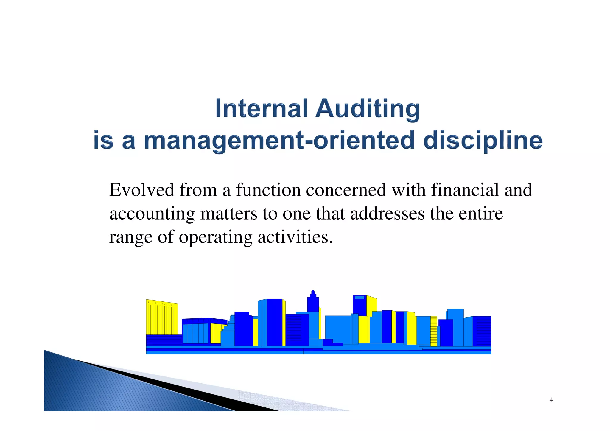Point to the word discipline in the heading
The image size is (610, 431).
[x=483, y=141]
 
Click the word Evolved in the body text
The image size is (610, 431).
[x=141, y=190]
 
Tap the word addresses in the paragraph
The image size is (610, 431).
[x=387, y=214]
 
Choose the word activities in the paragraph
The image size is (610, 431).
[x=295, y=237]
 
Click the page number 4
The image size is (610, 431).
[x=551, y=400]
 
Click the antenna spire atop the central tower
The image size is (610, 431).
[x=313, y=286]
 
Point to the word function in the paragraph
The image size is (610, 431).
[x=268, y=190]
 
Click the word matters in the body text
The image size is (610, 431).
[x=228, y=214]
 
